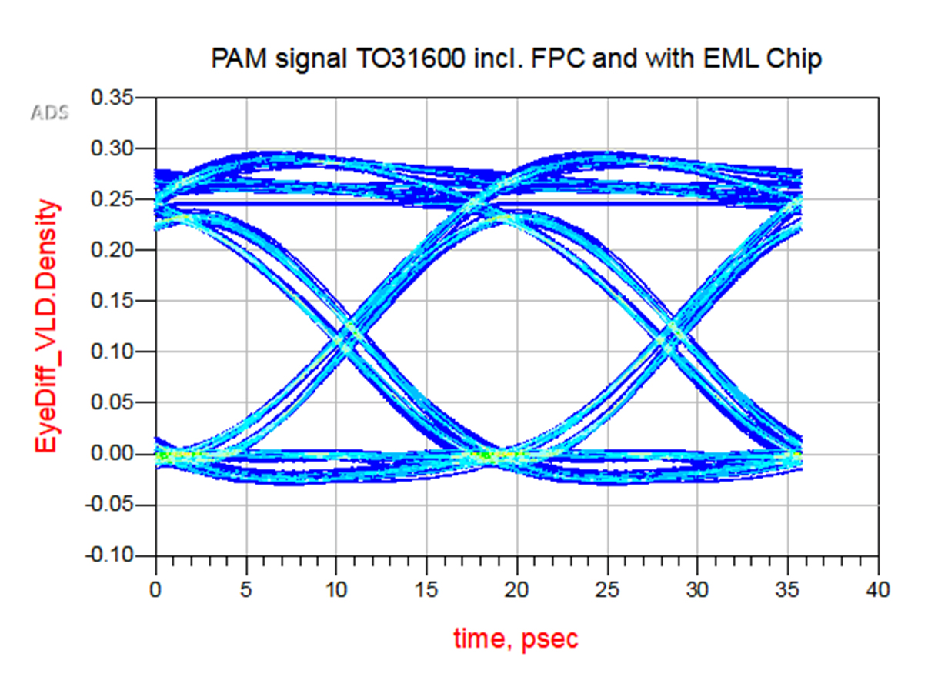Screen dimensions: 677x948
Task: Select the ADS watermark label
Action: tap(49, 113)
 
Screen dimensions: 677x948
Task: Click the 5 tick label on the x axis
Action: tap(246, 591)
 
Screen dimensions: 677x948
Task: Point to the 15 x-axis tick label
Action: tap(426, 591)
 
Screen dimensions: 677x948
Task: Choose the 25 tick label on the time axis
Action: tap(607, 591)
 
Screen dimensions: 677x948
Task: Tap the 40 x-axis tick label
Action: tap(878, 591)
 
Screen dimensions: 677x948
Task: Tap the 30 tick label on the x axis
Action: tap(697, 591)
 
